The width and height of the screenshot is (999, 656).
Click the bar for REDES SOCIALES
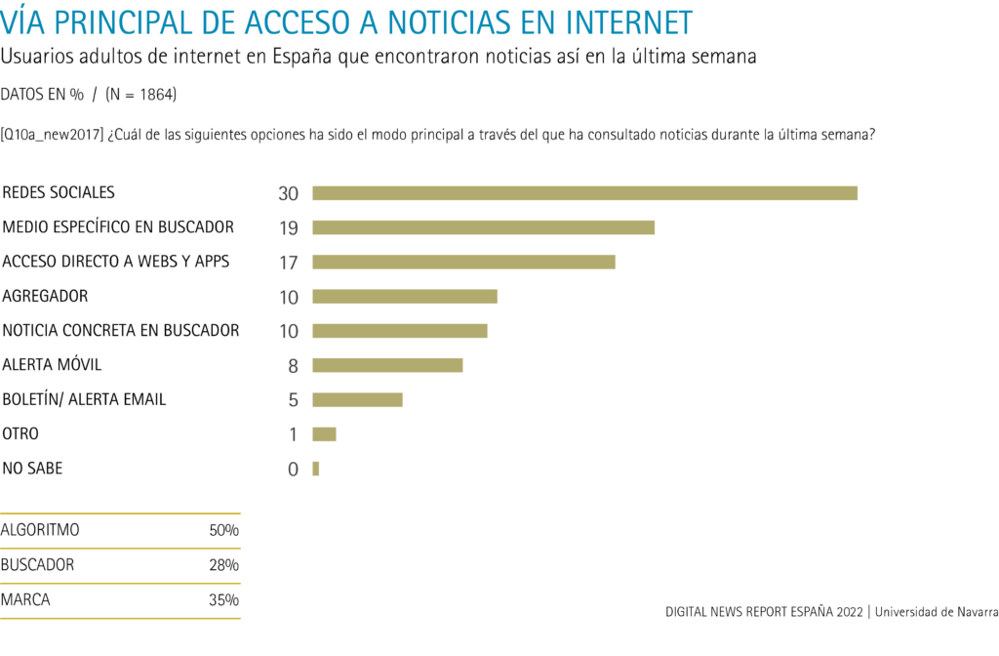[x=584, y=193]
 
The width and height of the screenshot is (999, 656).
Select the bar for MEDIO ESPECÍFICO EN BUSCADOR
[x=483, y=227]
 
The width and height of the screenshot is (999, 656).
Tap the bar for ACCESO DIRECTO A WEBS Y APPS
[x=463, y=262]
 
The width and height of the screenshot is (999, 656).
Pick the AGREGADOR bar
[x=405, y=296]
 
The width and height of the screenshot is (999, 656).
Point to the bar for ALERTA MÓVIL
[x=387, y=365]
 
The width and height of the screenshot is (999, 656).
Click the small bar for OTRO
[x=324, y=433]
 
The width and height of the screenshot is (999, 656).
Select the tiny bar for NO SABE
[x=316, y=469]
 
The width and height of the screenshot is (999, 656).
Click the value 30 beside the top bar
[x=288, y=193]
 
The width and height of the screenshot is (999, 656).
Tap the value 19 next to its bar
[x=288, y=228]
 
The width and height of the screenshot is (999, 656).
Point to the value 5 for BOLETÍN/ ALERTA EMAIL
[x=293, y=400]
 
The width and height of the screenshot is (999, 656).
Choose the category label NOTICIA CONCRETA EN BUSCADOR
[x=121, y=330]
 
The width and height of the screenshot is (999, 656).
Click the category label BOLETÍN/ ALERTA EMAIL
[x=85, y=399]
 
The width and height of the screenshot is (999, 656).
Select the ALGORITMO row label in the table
[x=41, y=530]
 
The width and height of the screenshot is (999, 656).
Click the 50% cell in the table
[x=223, y=531]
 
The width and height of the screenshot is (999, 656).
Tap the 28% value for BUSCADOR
[x=223, y=565]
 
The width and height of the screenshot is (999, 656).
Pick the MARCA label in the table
[x=25, y=599]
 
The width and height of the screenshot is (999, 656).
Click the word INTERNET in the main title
[x=613, y=21]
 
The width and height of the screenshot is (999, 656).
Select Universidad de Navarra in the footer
[x=937, y=612]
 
